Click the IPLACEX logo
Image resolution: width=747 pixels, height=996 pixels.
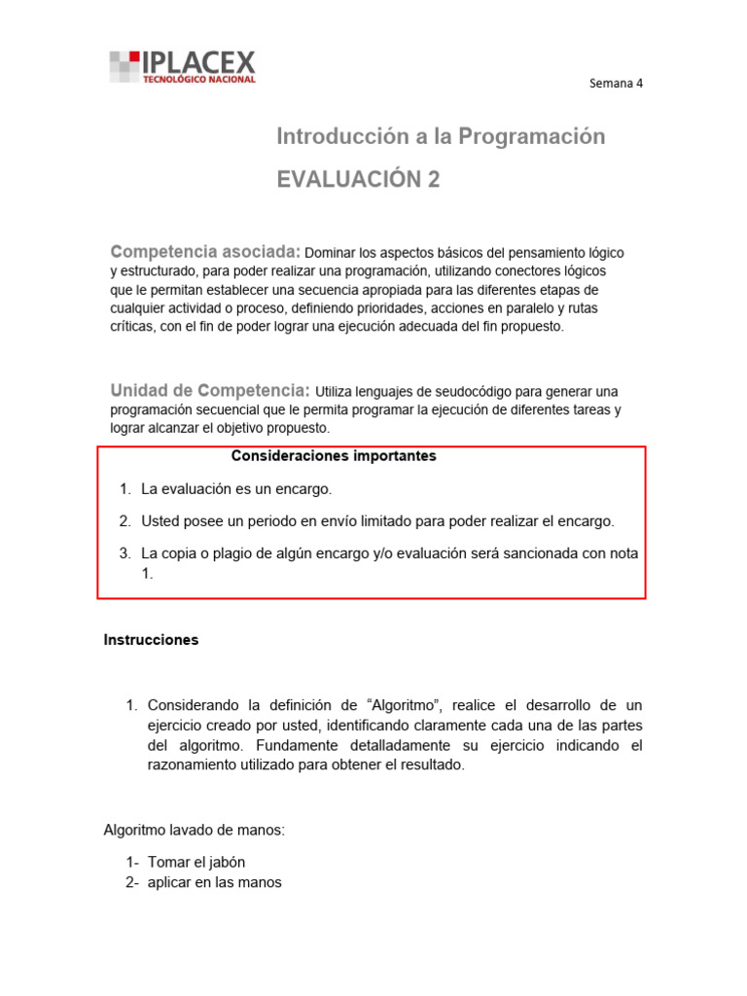click(x=182, y=66)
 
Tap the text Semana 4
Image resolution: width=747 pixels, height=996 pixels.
click(x=617, y=83)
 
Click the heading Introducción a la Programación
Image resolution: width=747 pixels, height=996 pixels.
click(x=441, y=137)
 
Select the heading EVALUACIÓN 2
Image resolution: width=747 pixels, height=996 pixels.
click(x=358, y=180)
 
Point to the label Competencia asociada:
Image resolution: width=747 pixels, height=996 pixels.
click(x=206, y=252)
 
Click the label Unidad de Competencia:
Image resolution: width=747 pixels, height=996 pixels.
click(x=210, y=390)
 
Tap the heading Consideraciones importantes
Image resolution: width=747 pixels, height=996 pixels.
click(x=334, y=456)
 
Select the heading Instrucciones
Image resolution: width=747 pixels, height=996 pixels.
click(x=151, y=640)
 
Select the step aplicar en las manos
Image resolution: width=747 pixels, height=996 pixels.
click(x=213, y=882)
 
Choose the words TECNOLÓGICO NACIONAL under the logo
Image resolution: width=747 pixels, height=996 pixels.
click(x=199, y=80)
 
